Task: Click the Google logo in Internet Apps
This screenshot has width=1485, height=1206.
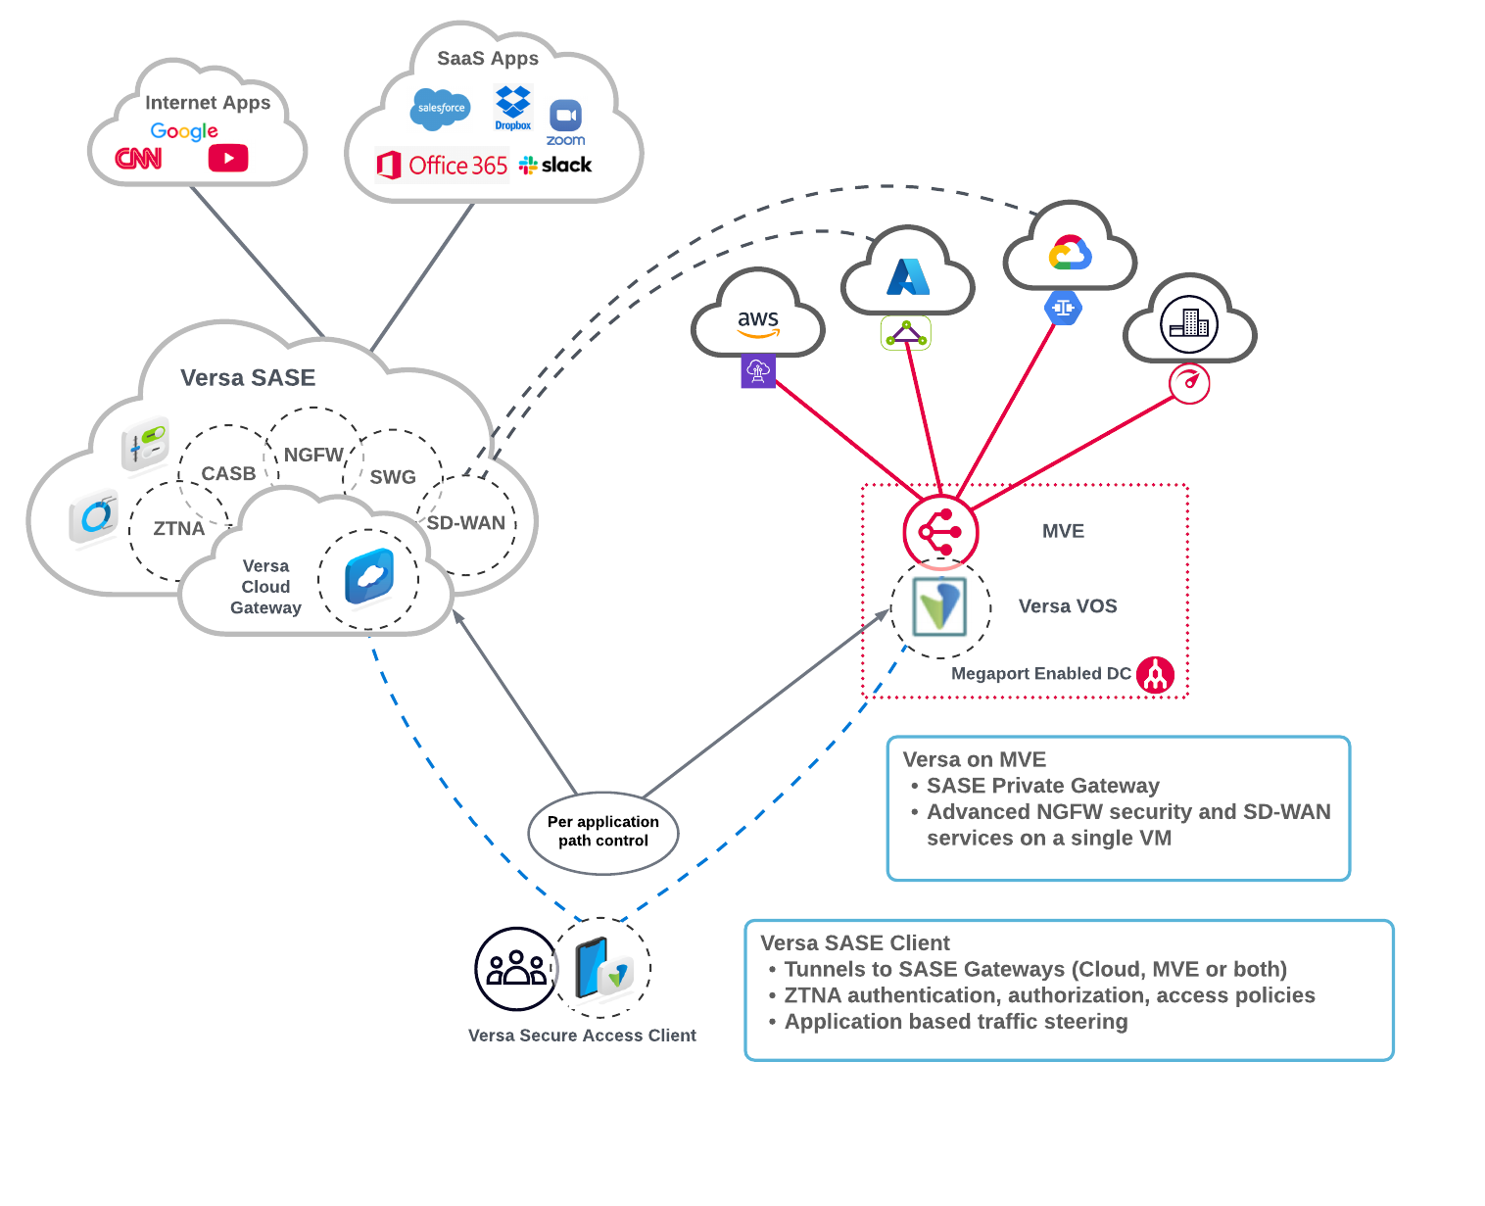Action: [184, 131]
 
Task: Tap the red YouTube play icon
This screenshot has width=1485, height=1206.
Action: [228, 158]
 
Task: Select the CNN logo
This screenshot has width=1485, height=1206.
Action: [138, 158]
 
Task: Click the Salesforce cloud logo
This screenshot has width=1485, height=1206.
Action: [441, 108]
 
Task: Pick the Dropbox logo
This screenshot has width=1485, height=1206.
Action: [512, 107]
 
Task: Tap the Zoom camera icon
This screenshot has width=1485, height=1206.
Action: [565, 116]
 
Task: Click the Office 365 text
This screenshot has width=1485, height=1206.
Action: [457, 166]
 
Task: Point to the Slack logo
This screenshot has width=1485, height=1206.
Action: [555, 165]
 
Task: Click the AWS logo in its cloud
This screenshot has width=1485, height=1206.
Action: [758, 322]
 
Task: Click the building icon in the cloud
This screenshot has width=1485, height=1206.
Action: [1189, 323]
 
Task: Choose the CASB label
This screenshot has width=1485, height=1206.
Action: [228, 474]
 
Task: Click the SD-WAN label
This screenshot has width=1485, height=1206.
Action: [466, 523]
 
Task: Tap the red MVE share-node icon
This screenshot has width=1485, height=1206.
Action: [940, 532]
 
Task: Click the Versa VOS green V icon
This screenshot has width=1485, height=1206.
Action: [939, 606]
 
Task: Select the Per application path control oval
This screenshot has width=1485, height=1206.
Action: [603, 832]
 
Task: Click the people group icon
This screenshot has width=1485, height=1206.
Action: [516, 969]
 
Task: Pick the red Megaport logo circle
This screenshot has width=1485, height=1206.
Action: [1156, 675]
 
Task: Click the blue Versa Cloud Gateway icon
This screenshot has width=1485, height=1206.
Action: [369, 577]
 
